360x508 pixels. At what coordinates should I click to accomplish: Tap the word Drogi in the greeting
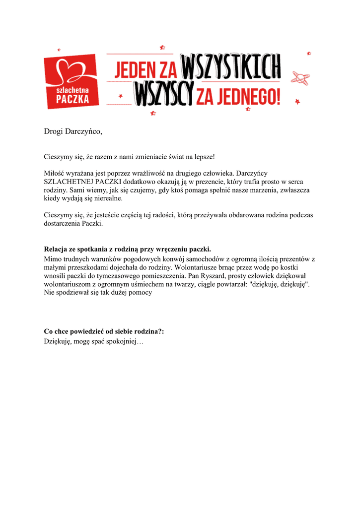[x=54, y=131]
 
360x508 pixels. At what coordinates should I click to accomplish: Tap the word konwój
[x=173, y=259]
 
